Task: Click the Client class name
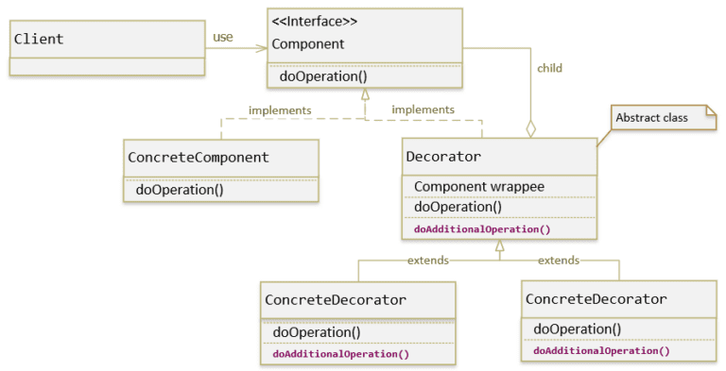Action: (x=39, y=40)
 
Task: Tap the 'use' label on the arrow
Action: (x=222, y=37)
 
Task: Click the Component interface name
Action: (x=307, y=43)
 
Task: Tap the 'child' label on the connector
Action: (x=549, y=68)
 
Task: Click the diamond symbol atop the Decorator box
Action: (x=530, y=128)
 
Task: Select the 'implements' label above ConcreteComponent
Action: (x=280, y=110)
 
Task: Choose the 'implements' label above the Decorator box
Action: (x=423, y=110)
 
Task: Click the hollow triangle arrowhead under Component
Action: (x=366, y=94)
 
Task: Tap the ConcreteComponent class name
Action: (x=199, y=158)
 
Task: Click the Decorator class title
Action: (x=443, y=157)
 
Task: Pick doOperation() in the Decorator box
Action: (x=458, y=208)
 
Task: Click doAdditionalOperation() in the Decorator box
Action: (x=482, y=228)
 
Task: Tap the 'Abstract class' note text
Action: (x=651, y=118)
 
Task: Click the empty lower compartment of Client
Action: (x=107, y=66)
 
